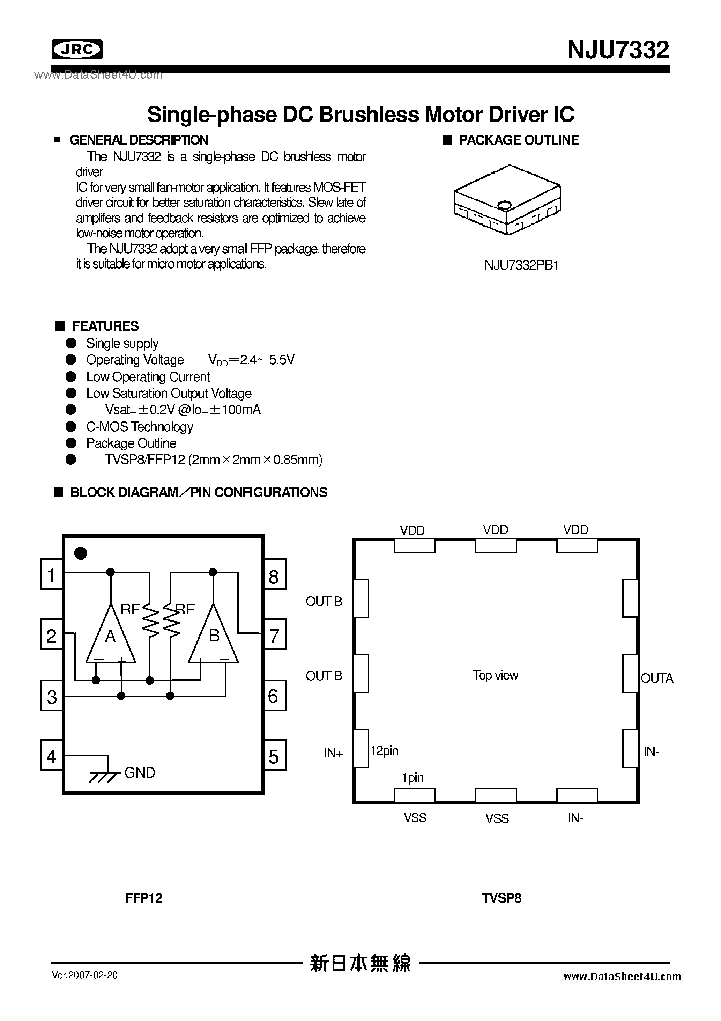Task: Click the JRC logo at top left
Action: click(77, 49)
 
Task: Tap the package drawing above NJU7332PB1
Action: click(507, 200)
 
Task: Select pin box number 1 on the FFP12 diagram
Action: click(51, 574)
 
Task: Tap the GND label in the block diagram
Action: click(140, 773)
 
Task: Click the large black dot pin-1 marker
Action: click(81, 553)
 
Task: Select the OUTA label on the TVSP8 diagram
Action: click(656, 678)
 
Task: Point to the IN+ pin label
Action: click(333, 753)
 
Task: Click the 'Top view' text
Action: click(495, 675)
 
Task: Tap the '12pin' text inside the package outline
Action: click(384, 751)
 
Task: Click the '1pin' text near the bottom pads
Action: click(412, 777)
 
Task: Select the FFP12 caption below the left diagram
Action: click(143, 898)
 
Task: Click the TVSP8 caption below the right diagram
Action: click(501, 898)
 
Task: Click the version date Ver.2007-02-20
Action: click(85, 975)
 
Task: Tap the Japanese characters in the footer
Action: click(360, 963)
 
